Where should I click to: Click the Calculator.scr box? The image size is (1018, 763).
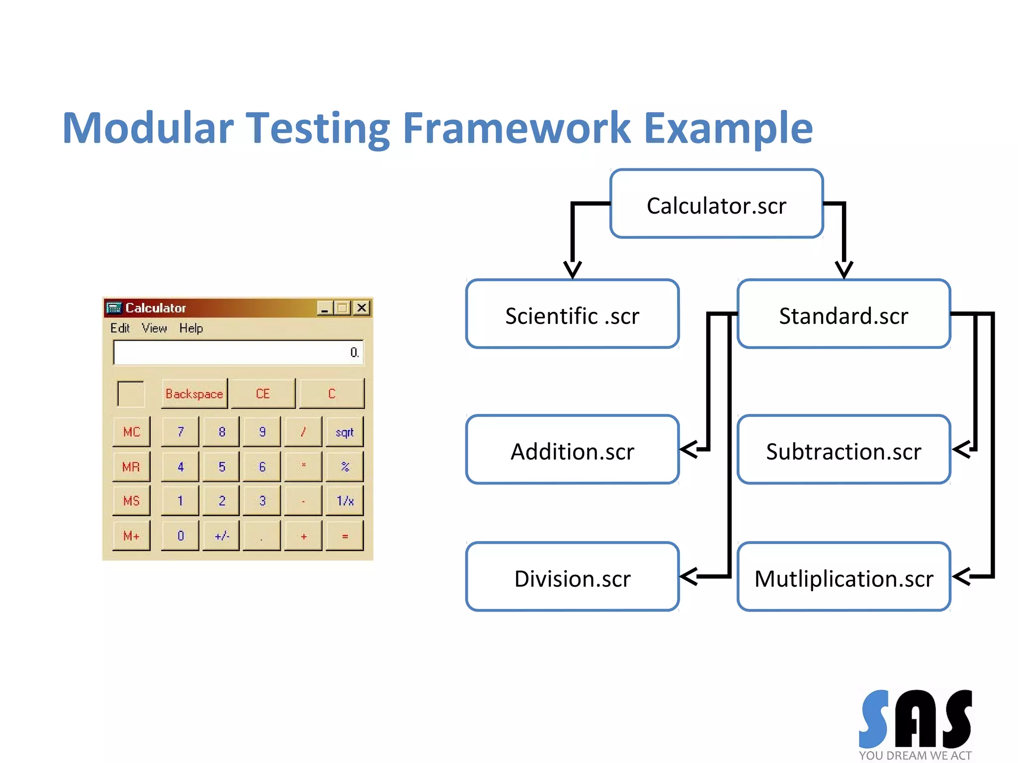click(x=716, y=204)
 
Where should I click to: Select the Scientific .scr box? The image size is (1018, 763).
click(x=572, y=314)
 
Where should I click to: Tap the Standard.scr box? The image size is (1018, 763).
click(x=844, y=314)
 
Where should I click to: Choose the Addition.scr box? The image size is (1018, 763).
click(x=572, y=450)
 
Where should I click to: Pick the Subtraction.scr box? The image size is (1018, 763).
click(x=844, y=450)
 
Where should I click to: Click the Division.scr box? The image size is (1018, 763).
click(x=572, y=577)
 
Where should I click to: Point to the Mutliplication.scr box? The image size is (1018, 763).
click(x=844, y=577)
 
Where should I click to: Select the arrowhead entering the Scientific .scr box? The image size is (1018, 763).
click(x=573, y=270)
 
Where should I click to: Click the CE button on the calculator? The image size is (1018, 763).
click(x=263, y=394)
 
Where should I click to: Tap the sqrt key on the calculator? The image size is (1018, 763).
click(x=344, y=432)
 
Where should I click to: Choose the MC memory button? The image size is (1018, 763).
click(x=131, y=432)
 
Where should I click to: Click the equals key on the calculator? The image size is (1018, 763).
click(x=344, y=536)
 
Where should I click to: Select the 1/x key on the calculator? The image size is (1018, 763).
click(x=344, y=501)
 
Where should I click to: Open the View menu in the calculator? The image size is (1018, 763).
click(x=154, y=328)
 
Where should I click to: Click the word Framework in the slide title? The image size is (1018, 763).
click(x=516, y=128)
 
